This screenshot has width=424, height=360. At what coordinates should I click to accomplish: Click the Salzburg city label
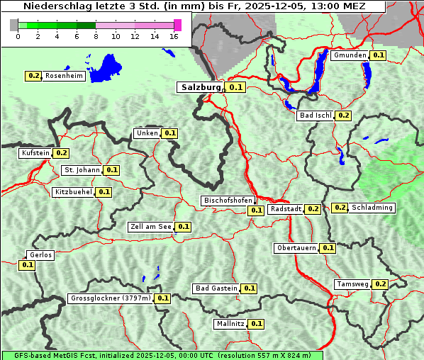tap(200, 87)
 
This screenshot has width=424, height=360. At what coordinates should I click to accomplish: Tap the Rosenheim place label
tap(64, 76)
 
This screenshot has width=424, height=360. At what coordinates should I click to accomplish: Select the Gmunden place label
tap(350, 55)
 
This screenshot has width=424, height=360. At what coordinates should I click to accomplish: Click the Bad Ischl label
tap(316, 116)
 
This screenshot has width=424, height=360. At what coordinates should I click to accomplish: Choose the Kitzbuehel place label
tap(73, 192)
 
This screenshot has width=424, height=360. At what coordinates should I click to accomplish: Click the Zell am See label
tap(150, 227)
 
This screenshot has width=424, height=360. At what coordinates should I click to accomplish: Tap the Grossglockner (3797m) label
tap(111, 298)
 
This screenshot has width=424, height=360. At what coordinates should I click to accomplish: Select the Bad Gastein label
tap(216, 288)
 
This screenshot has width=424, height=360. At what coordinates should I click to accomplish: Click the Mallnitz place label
tap(230, 324)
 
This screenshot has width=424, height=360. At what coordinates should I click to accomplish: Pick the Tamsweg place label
tap(352, 284)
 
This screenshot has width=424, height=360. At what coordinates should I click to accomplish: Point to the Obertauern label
tap(296, 248)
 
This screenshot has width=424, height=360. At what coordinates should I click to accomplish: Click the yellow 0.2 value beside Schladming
tap(340, 208)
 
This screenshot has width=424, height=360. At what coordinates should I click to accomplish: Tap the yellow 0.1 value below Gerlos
tap(27, 265)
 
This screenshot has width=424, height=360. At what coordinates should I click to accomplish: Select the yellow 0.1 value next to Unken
tap(169, 133)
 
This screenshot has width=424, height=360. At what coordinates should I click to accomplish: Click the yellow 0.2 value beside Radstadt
tap(313, 209)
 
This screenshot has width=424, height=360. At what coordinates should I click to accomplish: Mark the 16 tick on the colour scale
tap(174, 36)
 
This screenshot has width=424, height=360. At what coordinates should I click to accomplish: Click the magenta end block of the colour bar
tap(177, 25)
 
